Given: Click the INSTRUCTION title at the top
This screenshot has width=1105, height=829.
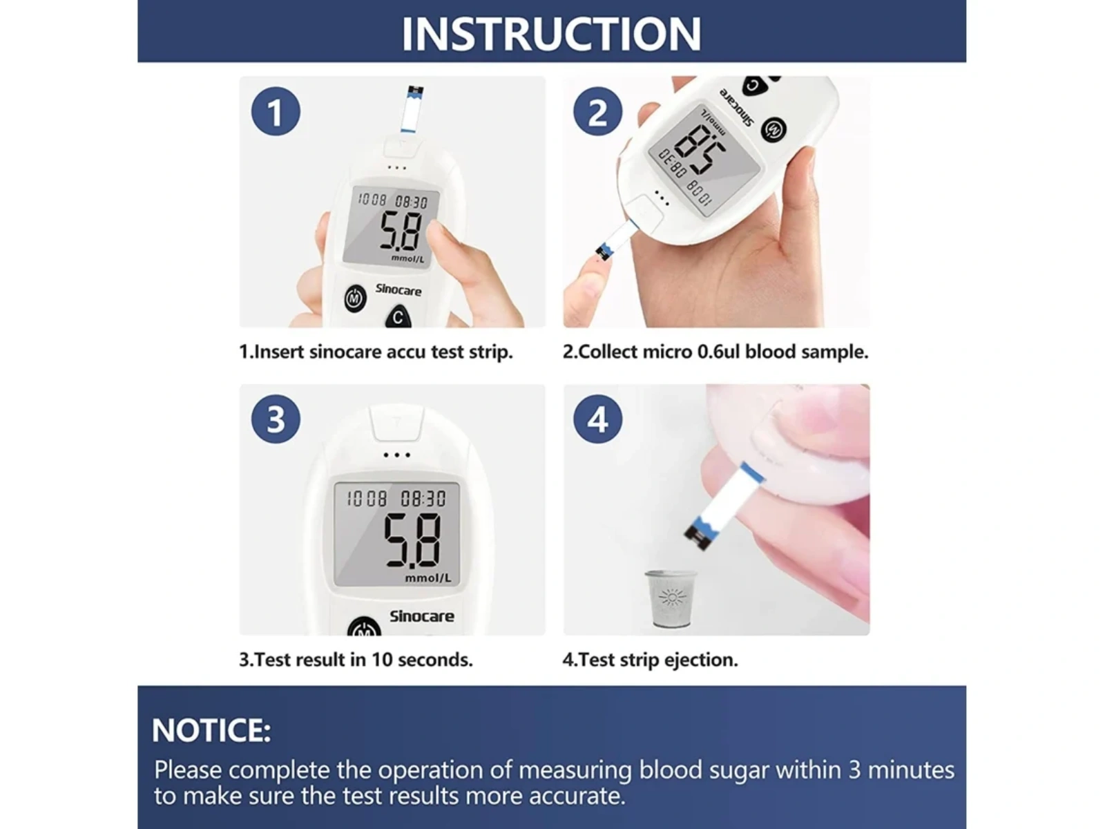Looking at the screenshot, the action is tap(551, 33).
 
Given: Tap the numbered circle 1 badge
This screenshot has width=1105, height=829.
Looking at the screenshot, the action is tap(276, 111).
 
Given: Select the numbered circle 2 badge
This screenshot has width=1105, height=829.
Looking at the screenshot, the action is tap(597, 111).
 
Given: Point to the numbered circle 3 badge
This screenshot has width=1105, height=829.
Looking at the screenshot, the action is tap(276, 419).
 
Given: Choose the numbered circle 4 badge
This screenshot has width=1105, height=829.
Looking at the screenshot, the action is tap(597, 419).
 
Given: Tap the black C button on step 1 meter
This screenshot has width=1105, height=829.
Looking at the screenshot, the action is tap(398, 317).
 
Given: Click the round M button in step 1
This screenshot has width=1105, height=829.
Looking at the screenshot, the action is tap(355, 298).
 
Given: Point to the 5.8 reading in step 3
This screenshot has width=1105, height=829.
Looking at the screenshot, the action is tap(412, 540).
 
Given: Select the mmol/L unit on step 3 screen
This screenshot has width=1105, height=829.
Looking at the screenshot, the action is tap(428, 578).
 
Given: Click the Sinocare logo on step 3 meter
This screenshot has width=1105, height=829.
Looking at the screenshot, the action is tap(422, 616).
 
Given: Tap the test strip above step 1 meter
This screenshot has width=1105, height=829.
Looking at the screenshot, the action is tap(412, 108).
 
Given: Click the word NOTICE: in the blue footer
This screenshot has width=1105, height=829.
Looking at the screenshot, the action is tap(211, 730).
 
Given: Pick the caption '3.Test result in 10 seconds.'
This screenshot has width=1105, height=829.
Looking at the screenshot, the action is tap(356, 659).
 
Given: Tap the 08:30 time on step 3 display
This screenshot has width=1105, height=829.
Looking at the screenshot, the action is tap(423, 499).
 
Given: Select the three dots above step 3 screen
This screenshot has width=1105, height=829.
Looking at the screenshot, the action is tap(396, 455).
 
